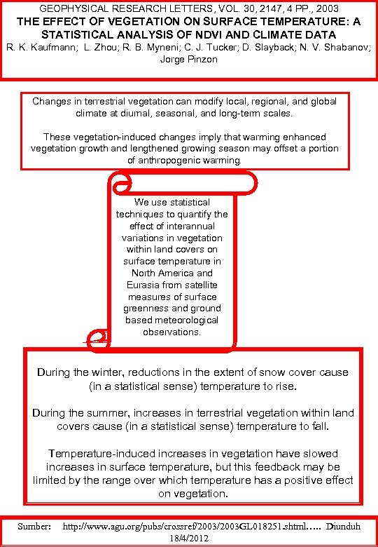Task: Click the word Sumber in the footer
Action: (x=34, y=525)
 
